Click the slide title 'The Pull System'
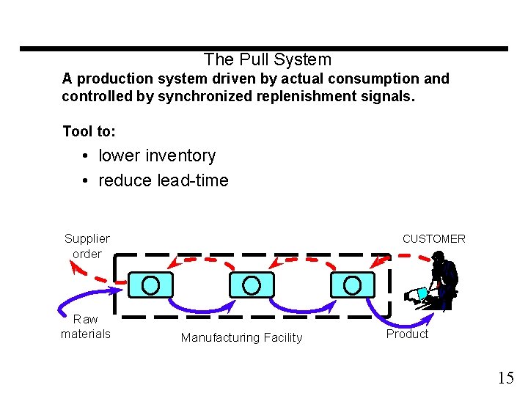(268, 59)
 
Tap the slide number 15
(505, 378)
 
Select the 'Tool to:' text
(89, 131)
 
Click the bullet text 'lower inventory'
(157, 155)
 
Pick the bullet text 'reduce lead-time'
(163, 180)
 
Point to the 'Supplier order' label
(87, 246)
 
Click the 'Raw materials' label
(86, 326)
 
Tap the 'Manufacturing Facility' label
(241, 337)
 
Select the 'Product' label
(407, 334)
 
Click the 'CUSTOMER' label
(433, 238)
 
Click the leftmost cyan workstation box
(151, 285)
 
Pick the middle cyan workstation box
(251, 285)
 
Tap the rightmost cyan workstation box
(352, 285)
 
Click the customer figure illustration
(438, 282)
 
